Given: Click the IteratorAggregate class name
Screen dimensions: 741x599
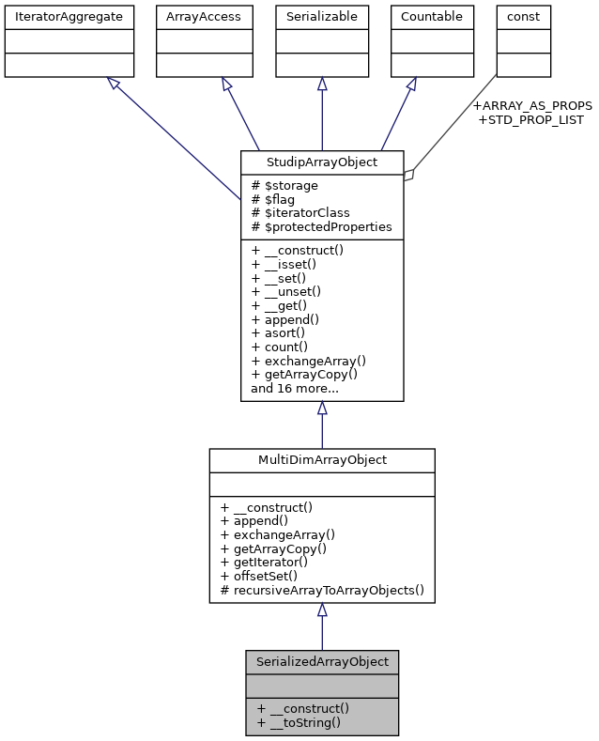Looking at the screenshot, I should coord(69,16).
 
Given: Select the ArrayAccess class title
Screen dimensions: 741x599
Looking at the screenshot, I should coord(204,16).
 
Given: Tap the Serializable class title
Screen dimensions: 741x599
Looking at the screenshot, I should coord(322,16).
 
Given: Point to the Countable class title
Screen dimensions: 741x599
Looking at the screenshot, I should coord(432,16).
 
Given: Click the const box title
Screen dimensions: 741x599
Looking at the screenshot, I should coord(523,16).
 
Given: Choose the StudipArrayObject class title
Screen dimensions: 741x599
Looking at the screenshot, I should coord(322,162).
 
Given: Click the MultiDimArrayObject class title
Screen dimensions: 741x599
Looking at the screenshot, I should coord(322,460).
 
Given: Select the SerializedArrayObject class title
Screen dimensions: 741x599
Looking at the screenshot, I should coord(322,661).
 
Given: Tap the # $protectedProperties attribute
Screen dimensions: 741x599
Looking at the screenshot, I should coord(321,227).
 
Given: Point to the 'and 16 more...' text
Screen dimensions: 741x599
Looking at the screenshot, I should coord(295,387).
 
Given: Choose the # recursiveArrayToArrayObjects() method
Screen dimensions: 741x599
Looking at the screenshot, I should coord(322,590).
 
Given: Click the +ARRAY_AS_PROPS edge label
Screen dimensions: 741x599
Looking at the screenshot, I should coord(532,105).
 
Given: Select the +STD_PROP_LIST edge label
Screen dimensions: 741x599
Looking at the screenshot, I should coord(530,119).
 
